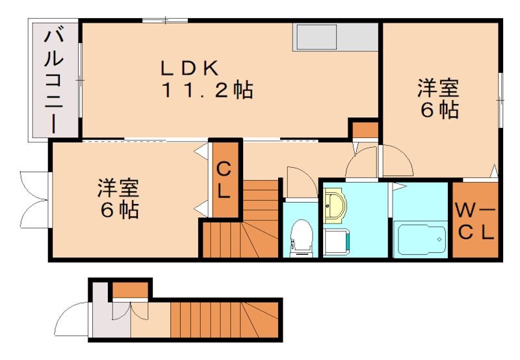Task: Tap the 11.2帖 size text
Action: click(x=207, y=90)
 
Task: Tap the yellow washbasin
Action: click(x=335, y=205)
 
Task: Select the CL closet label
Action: click(x=223, y=181)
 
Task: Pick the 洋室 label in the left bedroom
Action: click(x=118, y=188)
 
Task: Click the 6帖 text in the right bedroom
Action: click(x=439, y=110)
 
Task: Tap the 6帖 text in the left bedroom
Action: click(x=119, y=211)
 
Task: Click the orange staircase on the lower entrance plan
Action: click(x=224, y=318)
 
